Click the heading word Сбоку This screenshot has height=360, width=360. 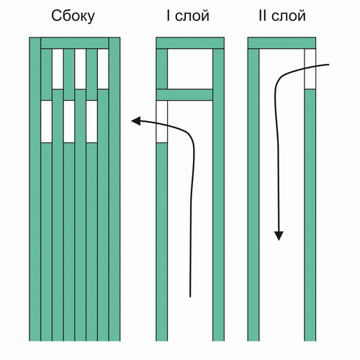point(73,17)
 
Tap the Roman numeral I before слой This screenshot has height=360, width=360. point(168,16)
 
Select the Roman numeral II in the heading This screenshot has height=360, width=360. point(263,16)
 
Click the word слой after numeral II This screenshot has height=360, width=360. point(289,17)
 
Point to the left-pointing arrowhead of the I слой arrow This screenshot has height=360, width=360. point(135,121)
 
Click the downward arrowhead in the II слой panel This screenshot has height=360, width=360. point(279,236)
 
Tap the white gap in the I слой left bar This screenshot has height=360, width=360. point(162,122)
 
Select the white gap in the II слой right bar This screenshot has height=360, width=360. point(310,69)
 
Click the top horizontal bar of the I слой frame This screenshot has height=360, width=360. point(190,43)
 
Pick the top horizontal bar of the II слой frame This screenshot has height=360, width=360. point(282,43)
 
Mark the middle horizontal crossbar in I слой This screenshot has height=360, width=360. point(184,95)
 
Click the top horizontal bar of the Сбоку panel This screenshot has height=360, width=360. point(75,43)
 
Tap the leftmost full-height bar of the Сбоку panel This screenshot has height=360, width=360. point(35,189)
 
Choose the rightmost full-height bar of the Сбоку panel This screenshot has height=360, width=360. point(114,189)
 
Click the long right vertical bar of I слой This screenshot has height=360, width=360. point(218,195)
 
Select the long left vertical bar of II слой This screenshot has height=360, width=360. point(253,195)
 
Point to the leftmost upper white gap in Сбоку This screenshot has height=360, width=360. point(58,69)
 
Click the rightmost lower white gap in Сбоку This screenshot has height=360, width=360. point(91,122)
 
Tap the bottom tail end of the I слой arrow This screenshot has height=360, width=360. point(190,297)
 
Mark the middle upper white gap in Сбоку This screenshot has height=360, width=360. point(81,69)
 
